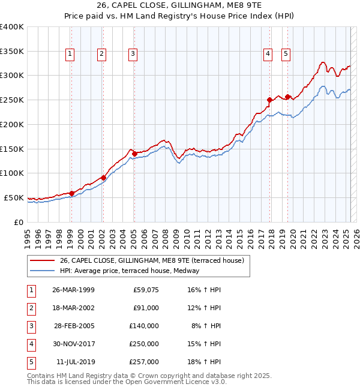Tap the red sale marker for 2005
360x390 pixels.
[x=134, y=154]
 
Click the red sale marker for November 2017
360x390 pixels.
[x=270, y=100]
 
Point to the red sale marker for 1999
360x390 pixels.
[x=71, y=193]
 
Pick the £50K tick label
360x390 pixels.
[x=14, y=197]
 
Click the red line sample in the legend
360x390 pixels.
[x=42, y=260]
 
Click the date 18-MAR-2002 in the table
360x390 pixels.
[x=73, y=308]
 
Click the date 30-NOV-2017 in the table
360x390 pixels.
[x=73, y=344]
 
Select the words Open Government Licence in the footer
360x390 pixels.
[x=171, y=382]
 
